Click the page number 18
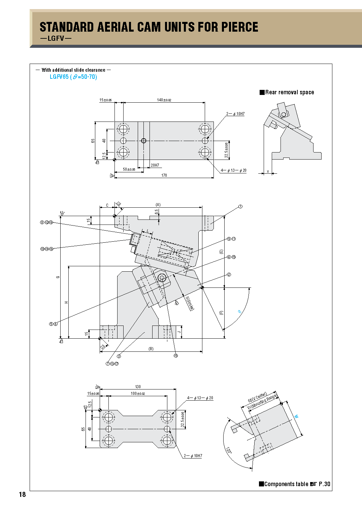pos(22,495)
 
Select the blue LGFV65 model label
pos(59,77)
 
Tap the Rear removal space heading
pos(289,92)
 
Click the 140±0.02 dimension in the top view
pos(164,100)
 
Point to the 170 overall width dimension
pos(164,175)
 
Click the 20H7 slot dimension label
pos(155,165)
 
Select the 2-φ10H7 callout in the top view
pos(235,114)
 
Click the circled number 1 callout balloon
pos(240,207)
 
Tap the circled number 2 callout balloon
pos(229,275)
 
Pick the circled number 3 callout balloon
pos(119,356)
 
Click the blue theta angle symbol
pos(240,312)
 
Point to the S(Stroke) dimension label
pos(190,303)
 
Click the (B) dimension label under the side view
pos(151,349)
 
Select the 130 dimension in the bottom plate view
pos(138,387)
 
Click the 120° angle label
pos(229,451)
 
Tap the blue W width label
pos(297,416)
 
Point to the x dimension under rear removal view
pos(268,171)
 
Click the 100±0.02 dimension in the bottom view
pos(138,394)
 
